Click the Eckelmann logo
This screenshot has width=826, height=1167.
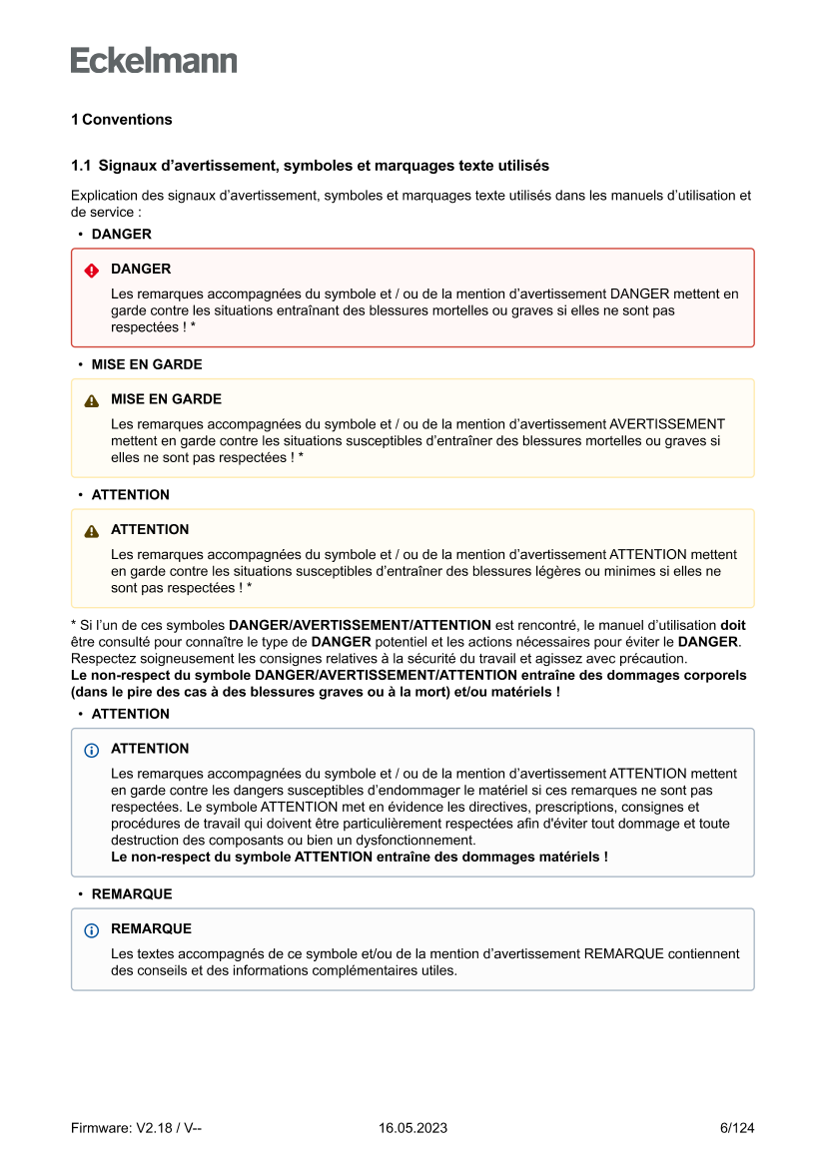154,61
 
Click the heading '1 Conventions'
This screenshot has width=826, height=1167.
121,120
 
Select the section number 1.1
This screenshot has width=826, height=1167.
81,165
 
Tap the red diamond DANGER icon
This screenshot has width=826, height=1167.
92,270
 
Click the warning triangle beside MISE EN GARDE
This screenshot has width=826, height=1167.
92,400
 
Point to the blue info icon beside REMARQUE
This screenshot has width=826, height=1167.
92,930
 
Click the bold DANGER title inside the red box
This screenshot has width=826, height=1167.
141,269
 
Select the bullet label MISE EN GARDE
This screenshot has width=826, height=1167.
147,364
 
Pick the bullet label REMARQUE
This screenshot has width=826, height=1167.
132,893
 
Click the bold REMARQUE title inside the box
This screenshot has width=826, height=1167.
151,928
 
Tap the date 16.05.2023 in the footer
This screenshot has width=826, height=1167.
413,1128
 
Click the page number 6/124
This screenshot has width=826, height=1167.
737,1128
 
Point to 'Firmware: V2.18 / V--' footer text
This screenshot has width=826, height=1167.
137,1128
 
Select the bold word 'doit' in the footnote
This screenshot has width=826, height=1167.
732,625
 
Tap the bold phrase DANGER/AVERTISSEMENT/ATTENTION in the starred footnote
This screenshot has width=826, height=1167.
360,625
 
